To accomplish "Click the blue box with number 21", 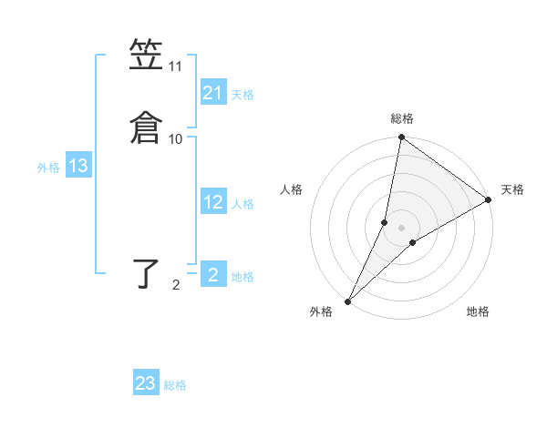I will point(213,93).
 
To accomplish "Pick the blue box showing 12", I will point(213,202).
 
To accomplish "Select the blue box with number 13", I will point(78,166).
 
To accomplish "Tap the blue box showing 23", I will point(146,383).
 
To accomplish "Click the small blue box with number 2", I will point(213,274).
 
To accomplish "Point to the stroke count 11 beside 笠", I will point(175,66).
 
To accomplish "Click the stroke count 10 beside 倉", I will point(175,139).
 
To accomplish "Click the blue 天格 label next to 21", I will point(243,95).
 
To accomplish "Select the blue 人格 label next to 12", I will point(243,204).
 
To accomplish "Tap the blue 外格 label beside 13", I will point(47,168).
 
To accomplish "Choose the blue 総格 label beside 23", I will point(175,385).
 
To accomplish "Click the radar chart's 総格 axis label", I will point(401,118).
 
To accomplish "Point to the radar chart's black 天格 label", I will point(512,189).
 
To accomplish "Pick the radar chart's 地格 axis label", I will point(478,312).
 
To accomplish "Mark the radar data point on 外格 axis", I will point(347,301).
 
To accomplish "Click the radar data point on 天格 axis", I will point(489,199).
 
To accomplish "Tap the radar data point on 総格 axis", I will point(401,138).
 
